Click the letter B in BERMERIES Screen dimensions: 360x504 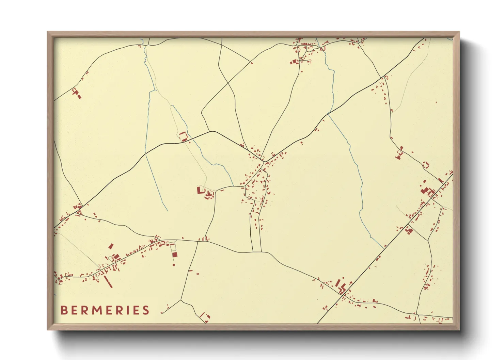pos(64,310)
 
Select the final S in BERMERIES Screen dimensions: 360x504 pos(146,310)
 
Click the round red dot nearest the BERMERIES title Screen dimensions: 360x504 pos(174,264)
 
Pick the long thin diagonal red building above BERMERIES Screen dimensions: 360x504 pos(108,282)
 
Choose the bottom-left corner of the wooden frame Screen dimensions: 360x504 pos(48,329)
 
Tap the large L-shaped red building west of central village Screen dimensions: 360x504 pos(200,190)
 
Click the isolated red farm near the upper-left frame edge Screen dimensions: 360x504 pos(76,93)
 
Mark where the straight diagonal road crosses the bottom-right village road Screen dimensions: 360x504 pos(344,295)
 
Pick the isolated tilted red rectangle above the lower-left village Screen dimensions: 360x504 pos(111,246)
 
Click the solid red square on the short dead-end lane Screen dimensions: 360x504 pos(175,255)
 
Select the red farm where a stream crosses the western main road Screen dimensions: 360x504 pos(184,137)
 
